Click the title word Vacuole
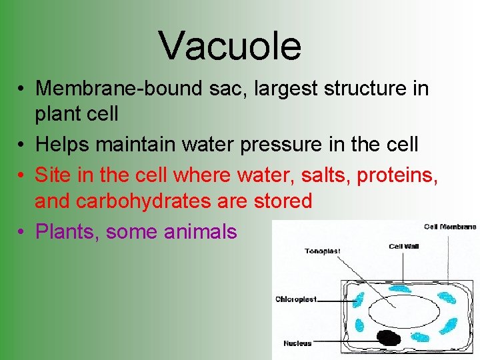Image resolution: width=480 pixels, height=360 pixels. (x=230, y=45)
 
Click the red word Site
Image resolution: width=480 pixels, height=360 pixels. (x=53, y=175)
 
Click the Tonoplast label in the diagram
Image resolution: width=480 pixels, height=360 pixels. (x=323, y=251)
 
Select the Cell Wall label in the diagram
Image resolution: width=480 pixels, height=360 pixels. (x=404, y=247)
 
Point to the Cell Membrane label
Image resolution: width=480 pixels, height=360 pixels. (x=450, y=227)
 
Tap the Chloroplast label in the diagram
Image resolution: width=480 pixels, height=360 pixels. (x=296, y=299)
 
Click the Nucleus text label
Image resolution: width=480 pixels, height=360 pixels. (x=297, y=343)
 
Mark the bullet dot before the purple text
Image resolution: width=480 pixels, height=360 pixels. (x=23, y=232)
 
